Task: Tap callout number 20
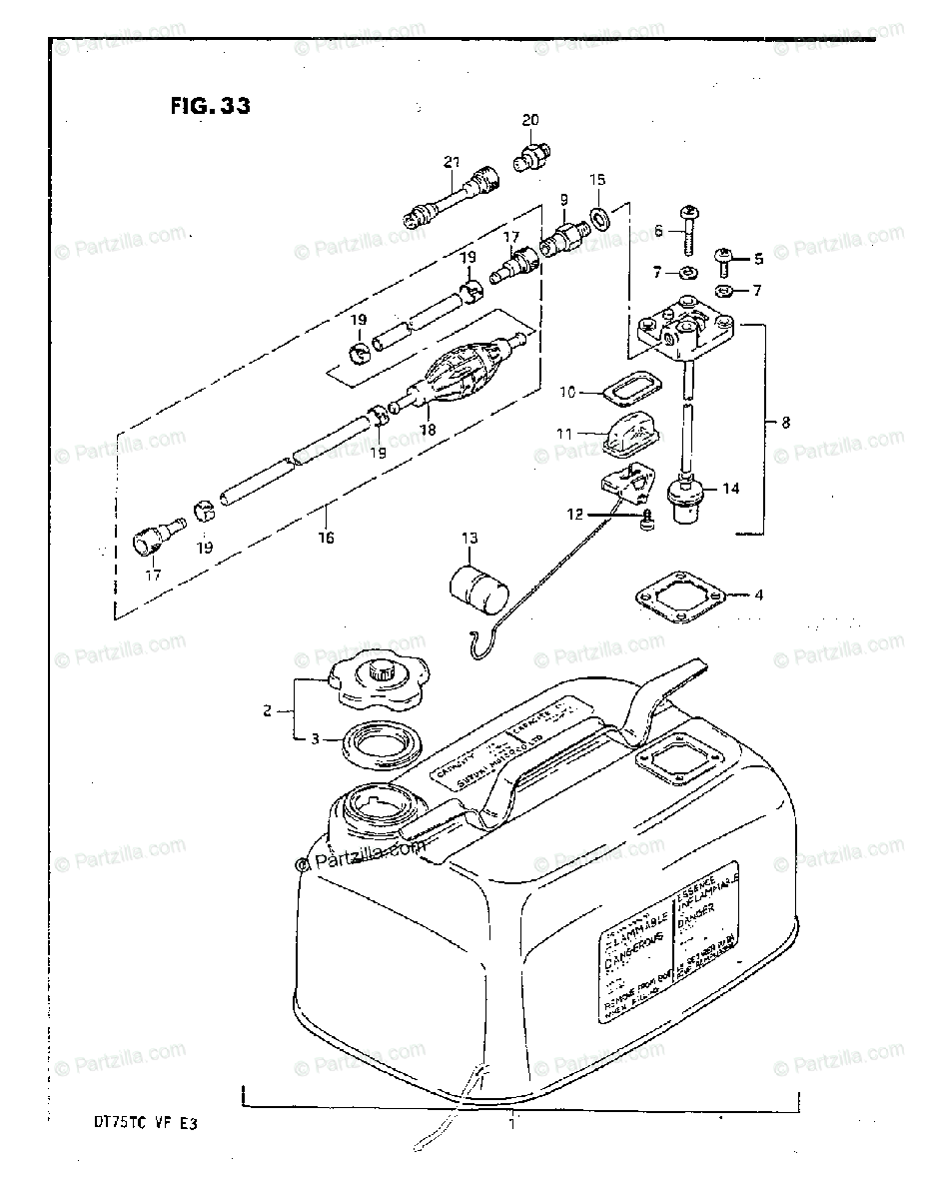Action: pos(529,120)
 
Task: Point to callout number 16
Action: pos(327,538)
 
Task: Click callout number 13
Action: pos(469,540)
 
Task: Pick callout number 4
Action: pos(758,596)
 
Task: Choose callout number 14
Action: pos(731,489)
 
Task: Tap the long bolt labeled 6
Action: pos(689,232)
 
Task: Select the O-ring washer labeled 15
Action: pos(600,218)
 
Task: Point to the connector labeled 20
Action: pos(530,158)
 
